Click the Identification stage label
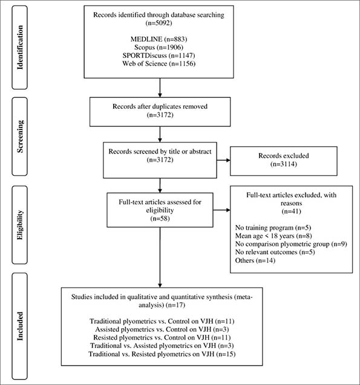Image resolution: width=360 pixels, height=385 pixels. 20,47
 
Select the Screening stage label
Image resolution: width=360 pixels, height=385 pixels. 20,136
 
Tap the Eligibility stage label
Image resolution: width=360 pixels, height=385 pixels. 20,225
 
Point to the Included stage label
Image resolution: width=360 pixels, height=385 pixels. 20,326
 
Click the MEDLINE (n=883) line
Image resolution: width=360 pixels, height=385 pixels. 159,39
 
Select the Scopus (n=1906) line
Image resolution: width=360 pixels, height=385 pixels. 159,47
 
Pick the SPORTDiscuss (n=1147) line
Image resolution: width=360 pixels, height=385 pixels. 159,55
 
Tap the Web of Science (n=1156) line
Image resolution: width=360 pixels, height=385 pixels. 159,63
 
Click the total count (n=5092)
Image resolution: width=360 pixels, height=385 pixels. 159,23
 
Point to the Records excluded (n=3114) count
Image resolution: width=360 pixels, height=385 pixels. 284,164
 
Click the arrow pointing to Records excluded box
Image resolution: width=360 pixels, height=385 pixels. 223,160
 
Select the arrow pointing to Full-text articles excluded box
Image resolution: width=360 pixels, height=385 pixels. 221,210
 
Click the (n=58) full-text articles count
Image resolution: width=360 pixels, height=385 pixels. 160,218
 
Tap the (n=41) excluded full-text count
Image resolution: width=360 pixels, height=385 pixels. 292,211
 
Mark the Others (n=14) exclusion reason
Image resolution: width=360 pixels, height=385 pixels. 255,260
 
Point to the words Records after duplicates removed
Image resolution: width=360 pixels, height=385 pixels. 160,106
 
